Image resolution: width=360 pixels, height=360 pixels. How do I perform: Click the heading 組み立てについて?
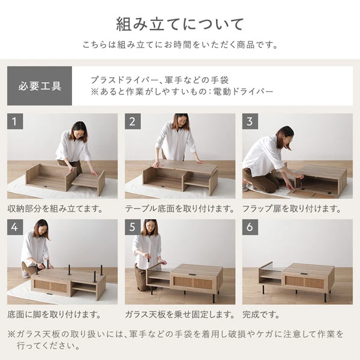tap(180, 25)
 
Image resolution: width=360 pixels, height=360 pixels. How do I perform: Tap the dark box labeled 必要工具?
tap(40, 86)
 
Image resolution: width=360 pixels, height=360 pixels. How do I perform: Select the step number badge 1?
tap(16, 121)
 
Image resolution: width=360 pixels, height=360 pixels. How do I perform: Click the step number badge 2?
tap(133, 121)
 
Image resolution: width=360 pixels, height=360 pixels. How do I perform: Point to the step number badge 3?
tap(251, 121)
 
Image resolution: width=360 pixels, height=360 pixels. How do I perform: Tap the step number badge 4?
tap(16, 227)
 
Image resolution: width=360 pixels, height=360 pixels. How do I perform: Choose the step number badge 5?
tap(133, 227)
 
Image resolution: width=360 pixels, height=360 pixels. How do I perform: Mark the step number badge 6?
tap(251, 227)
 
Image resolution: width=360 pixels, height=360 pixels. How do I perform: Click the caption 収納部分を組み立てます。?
tap(55, 209)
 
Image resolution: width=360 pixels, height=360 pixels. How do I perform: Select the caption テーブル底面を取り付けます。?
tap(179, 209)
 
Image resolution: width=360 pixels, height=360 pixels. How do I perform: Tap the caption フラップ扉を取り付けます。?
tap(292, 209)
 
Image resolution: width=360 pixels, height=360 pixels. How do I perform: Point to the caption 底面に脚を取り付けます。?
tap(55, 314)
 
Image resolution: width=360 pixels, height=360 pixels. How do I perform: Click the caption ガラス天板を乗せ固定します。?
tap(179, 314)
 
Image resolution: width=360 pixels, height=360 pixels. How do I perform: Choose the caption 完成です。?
tap(262, 314)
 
